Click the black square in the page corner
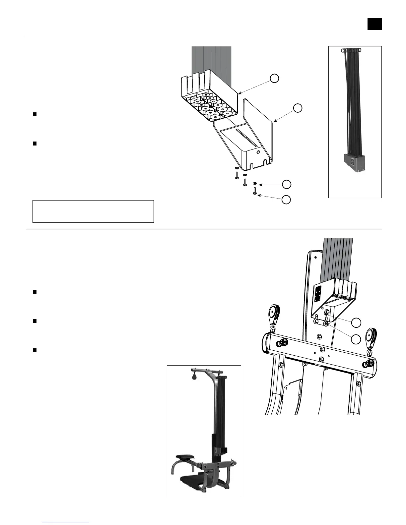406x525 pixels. (x=374, y=24)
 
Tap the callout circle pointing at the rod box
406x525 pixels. (x=274, y=78)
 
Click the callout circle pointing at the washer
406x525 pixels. (x=287, y=184)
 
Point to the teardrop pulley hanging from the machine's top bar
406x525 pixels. (x=194, y=376)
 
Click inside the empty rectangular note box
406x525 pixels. (x=93, y=211)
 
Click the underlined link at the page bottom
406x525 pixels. (x=66, y=522)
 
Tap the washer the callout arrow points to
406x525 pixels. (x=254, y=183)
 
